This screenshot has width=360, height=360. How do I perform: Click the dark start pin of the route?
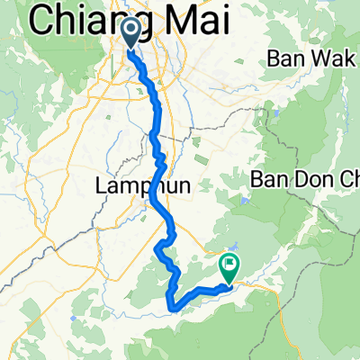(130, 33)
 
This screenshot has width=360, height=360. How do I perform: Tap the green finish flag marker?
(229, 267)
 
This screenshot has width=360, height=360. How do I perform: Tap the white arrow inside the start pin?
(130, 32)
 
